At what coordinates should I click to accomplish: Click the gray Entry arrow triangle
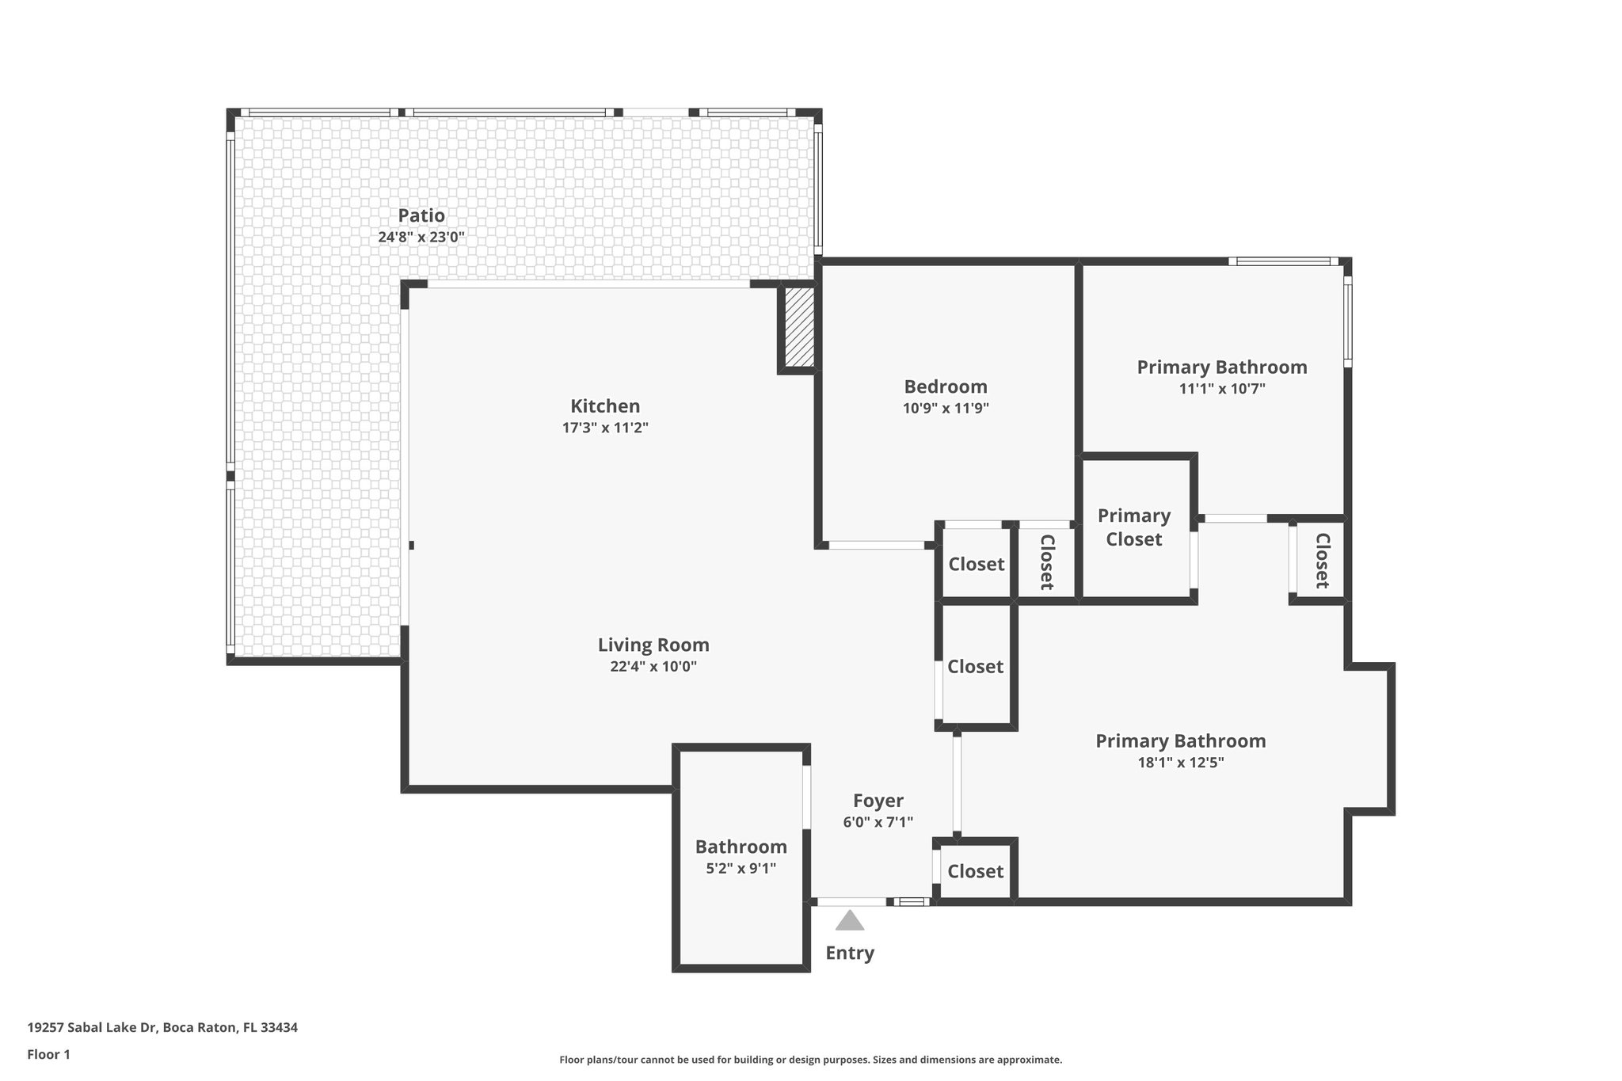pos(850,921)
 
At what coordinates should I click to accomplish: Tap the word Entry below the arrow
pos(850,953)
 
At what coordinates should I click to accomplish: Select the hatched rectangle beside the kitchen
pos(799,327)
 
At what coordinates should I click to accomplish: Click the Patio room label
pos(421,215)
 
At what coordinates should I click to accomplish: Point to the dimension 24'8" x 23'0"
pos(421,237)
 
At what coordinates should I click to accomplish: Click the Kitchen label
pos(605,406)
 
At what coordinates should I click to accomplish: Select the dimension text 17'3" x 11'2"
pos(605,428)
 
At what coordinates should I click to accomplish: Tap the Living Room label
pos(653,645)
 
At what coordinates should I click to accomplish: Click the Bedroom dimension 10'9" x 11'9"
pos(946,409)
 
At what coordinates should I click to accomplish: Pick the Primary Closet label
pos(1134,527)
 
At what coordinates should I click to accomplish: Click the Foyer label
pos(878,801)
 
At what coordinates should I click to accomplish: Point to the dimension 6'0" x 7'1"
pos(878,822)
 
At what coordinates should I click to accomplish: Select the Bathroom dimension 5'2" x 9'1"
pos(741,868)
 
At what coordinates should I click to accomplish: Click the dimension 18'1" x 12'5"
pos(1180,763)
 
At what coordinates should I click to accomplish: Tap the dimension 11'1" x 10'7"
pos(1222,389)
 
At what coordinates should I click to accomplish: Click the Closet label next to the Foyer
pos(975,871)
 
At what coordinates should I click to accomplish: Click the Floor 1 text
pos(49,1054)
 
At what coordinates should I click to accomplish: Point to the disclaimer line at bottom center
pos(810,1060)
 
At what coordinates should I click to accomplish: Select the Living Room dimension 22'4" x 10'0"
pos(653,667)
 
